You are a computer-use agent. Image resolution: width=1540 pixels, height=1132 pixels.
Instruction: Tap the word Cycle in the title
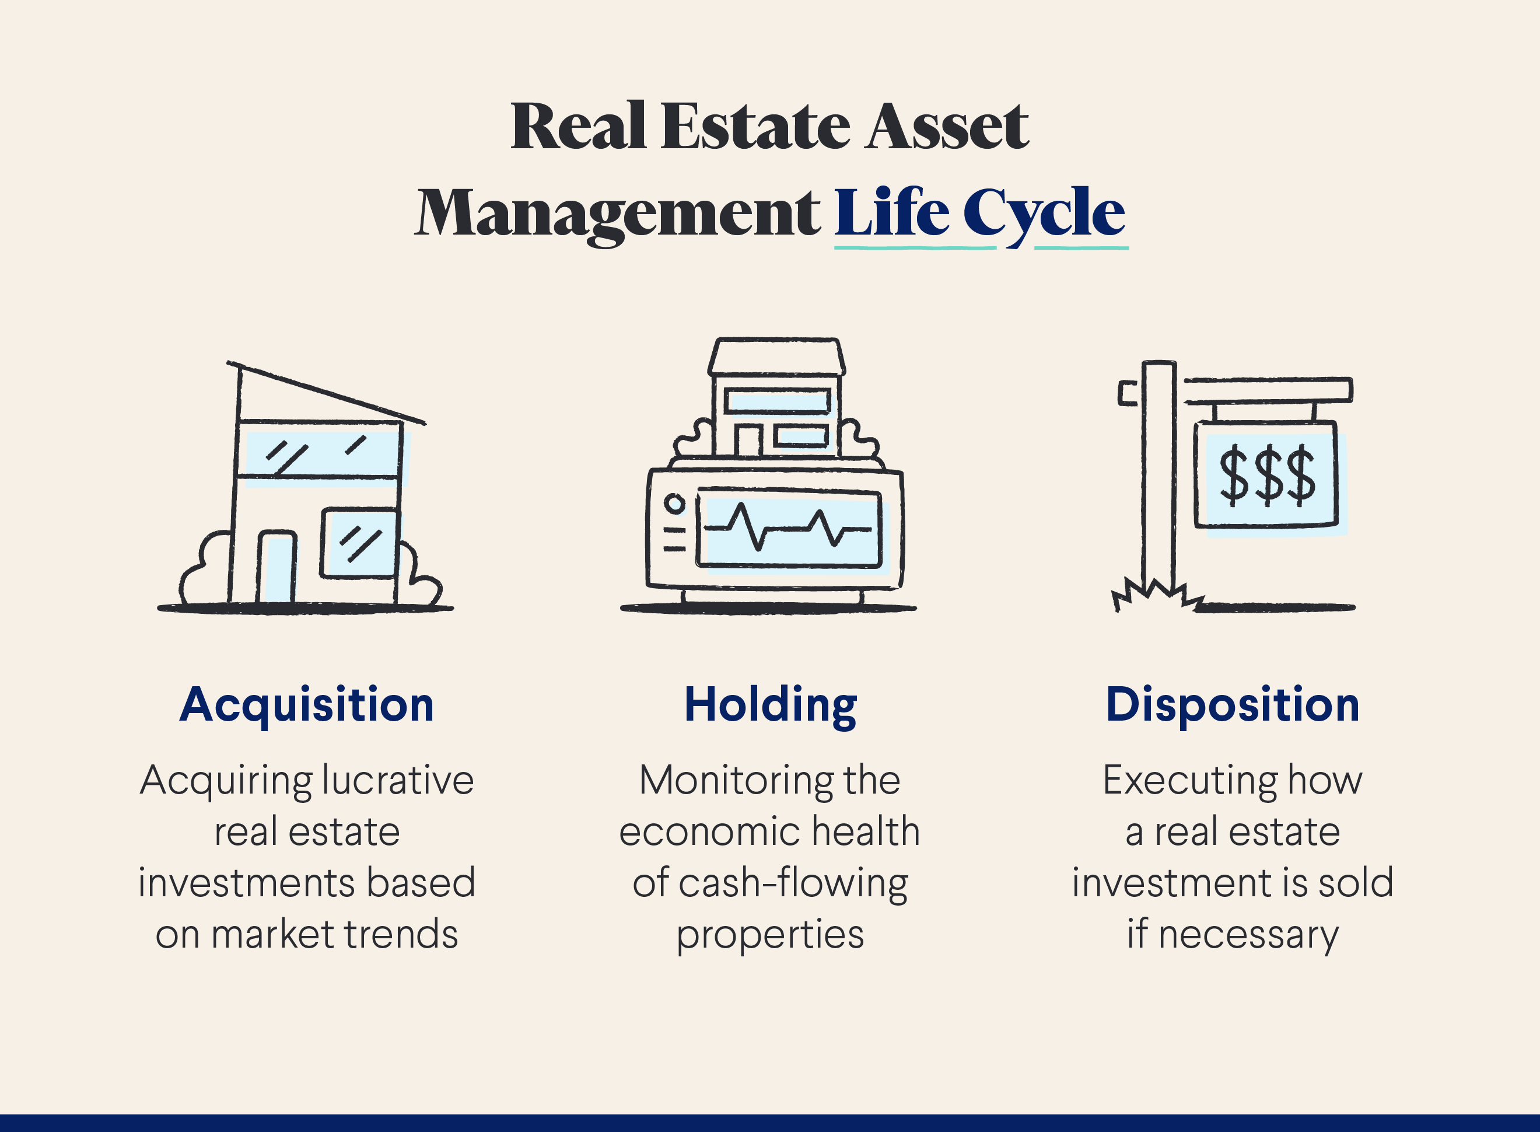[x=1044, y=214]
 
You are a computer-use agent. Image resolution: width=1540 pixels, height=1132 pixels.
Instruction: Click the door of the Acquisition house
[x=276, y=567]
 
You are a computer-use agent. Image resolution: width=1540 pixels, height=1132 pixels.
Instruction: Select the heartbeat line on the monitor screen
[x=788, y=528]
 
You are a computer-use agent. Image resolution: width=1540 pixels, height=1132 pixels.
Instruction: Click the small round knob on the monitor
[x=675, y=504]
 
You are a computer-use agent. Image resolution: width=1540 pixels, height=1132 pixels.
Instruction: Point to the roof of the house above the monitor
[x=776, y=357]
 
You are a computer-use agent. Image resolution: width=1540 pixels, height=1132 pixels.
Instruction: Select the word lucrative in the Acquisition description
[x=397, y=781]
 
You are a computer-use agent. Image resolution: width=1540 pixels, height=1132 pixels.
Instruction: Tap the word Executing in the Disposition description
[x=1190, y=781]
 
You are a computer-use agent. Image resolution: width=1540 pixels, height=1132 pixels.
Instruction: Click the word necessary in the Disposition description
[x=1248, y=935]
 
